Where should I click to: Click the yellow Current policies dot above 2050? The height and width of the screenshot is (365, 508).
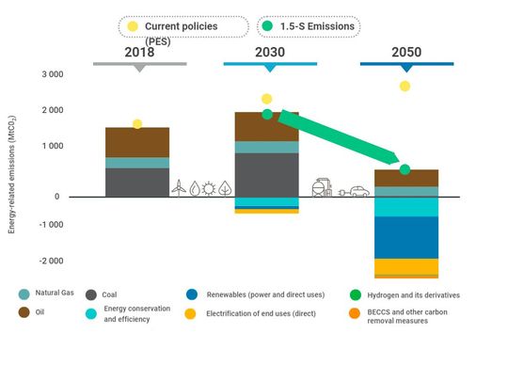click(405, 87)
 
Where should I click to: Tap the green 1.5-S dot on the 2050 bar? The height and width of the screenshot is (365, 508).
click(405, 169)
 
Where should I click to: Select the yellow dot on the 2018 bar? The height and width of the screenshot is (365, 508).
click(137, 124)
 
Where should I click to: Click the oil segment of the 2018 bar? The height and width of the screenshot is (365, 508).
click(137, 143)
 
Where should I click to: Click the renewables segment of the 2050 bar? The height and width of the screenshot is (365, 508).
click(405, 237)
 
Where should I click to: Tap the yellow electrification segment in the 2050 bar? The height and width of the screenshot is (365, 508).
click(405, 266)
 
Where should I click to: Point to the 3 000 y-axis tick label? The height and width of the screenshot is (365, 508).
click(50, 74)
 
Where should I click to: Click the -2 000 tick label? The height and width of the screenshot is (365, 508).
click(49, 261)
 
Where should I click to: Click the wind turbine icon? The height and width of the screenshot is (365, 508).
click(178, 188)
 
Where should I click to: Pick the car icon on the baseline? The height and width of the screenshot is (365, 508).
click(359, 191)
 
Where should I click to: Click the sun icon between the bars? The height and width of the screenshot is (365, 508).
click(210, 188)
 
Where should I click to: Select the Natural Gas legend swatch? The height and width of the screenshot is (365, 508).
click(24, 294)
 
